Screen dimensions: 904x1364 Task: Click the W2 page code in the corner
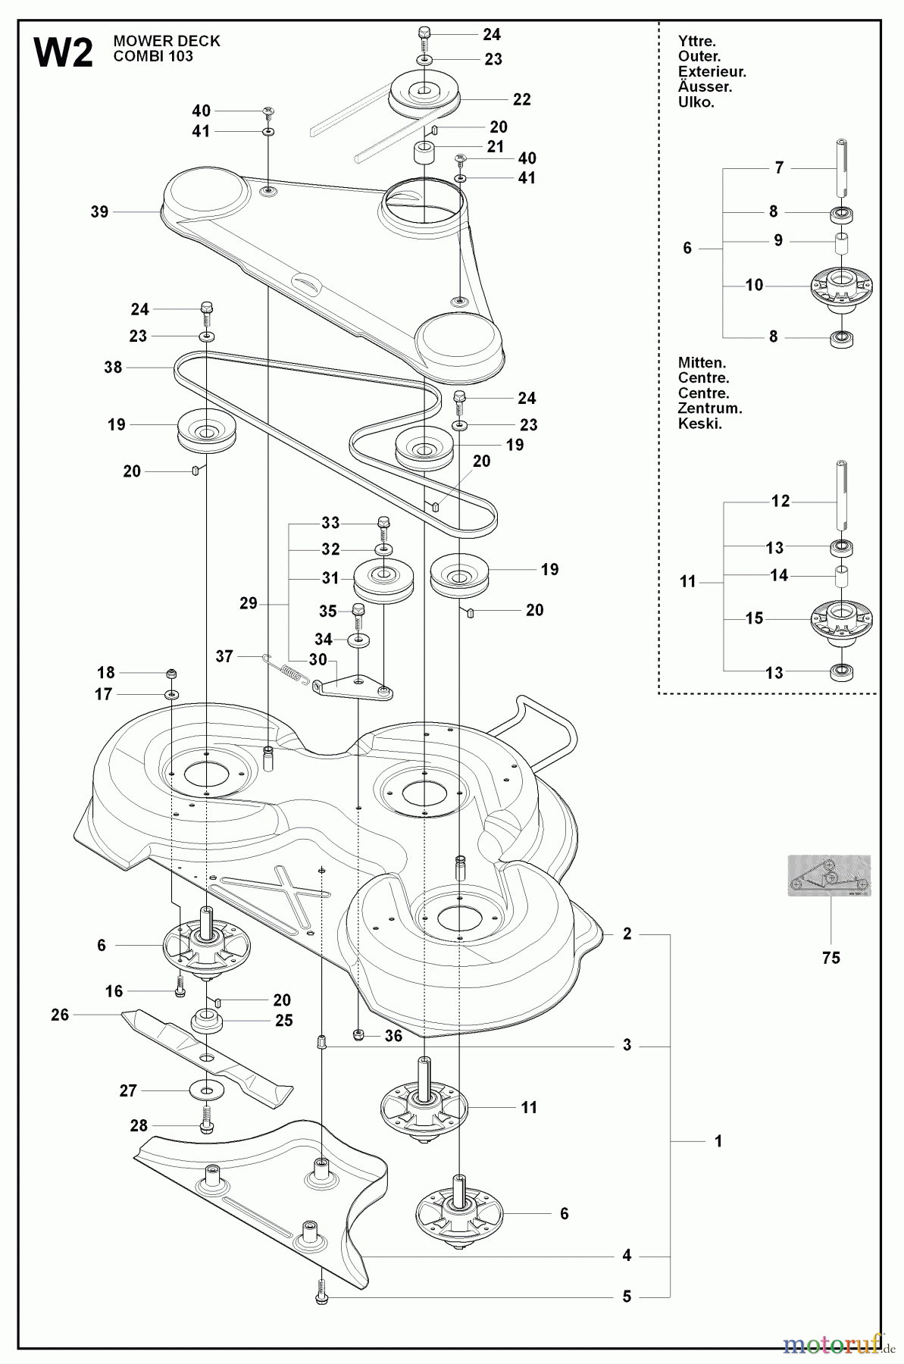[x=64, y=55]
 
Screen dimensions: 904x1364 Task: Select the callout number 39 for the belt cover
[x=99, y=212]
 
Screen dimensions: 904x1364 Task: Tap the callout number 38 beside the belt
[x=113, y=368]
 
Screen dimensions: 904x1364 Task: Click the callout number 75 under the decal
[x=831, y=958]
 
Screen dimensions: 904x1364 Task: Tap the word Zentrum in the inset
[x=710, y=408]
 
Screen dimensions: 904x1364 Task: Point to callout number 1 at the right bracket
[x=718, y=1141]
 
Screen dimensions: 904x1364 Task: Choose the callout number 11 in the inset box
[x=687, y=583]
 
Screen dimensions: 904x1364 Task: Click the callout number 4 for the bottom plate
[x=627, y=1256]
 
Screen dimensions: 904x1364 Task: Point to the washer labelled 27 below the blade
[x=206, y=1090]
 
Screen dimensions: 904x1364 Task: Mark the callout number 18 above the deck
[x=106, y=673]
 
